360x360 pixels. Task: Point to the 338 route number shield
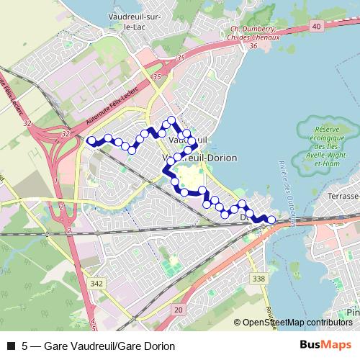[x=260, y=279]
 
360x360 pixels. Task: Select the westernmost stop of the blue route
[x=91, y=141]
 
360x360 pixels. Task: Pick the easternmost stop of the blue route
[x=271, y=220]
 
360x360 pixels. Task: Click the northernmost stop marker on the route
[x=171, y=120]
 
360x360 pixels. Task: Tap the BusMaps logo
[x=329, y=345]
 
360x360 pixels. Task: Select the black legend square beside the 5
[x=10, y=346]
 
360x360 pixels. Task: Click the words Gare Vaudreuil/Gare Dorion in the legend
[x=109, y=346]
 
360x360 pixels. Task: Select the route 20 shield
[x=178, y=308]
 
